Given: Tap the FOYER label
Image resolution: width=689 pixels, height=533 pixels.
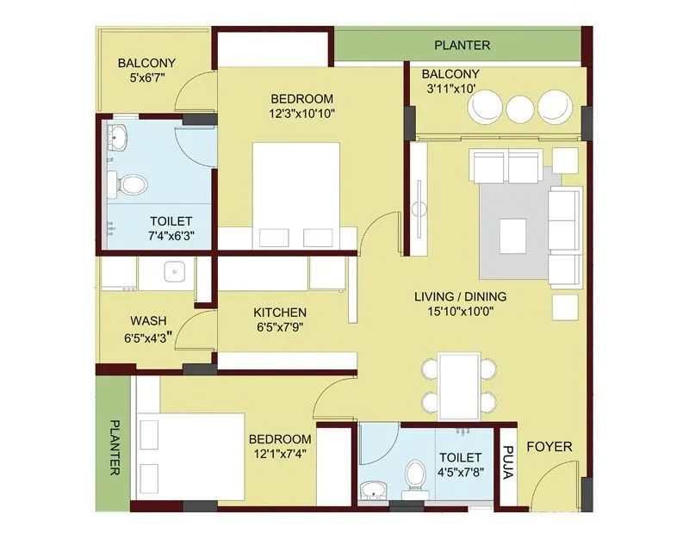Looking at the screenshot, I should pyautogui.click(x=549, y=446).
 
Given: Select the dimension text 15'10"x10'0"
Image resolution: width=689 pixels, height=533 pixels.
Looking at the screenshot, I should pyautogui.click(x=460, y=313).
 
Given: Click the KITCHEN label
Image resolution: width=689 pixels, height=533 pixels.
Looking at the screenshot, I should pyautogui.click(x=280, y=312).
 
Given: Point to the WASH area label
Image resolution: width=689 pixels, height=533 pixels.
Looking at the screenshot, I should pyautogui.click(x=148, y=321).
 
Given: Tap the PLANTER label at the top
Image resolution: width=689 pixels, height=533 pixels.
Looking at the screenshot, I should pyautogui.click(x=462, y=45).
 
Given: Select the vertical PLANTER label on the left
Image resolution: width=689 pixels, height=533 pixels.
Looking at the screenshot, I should pyautogui.click(x=115, y=447).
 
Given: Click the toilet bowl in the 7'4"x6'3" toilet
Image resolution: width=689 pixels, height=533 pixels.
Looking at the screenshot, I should pyautogui.click(x=132, y=183).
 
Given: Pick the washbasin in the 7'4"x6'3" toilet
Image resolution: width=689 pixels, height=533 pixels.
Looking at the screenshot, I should pyautogui.click(x=118, y=136).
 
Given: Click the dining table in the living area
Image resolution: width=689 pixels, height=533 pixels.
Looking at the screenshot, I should pyautogui.click(x=458, y=383).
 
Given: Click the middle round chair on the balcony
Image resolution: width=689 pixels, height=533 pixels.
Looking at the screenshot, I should pyautogui.click(x=519, y=108).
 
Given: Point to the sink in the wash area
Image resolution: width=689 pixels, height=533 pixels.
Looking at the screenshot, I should pyautogui.click(x=176, y=272).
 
